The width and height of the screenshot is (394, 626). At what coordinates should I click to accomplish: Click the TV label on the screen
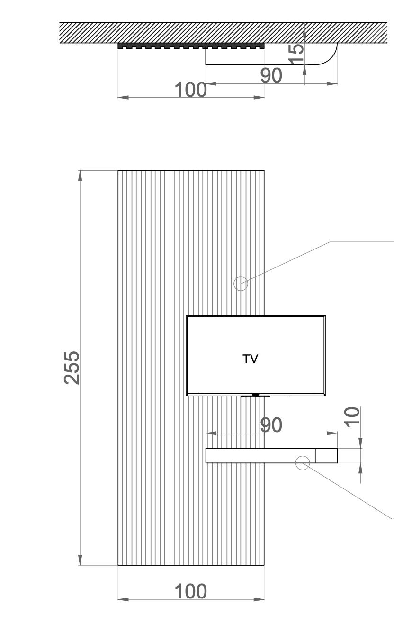point(251,359)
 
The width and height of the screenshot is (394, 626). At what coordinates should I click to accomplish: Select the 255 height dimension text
point(72,368)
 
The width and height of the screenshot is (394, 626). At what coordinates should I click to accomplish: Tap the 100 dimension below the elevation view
point(190,591)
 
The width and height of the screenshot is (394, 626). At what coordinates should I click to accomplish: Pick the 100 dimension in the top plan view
point(190,90)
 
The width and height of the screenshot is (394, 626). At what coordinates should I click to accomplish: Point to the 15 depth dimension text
point(295,53)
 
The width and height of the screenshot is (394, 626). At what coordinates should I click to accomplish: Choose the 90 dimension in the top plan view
point(271,75)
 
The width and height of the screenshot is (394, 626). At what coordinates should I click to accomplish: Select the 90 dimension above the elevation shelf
point(271,425)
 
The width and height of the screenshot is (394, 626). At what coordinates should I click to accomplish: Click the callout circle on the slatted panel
point(241,284)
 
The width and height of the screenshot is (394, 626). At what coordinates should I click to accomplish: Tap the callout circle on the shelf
point(303,462)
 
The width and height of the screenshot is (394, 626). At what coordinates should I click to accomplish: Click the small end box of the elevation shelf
point(326,455)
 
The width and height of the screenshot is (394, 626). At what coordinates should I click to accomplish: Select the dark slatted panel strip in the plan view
point(190,46)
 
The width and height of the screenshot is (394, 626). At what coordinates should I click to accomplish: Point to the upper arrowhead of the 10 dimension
point(361,443)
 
